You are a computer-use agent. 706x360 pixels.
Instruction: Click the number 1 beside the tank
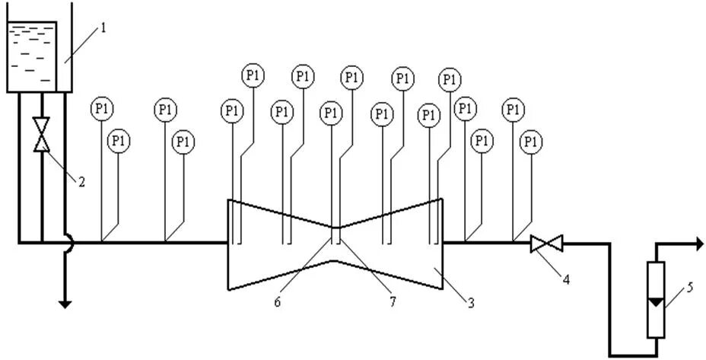[x=103, y=28]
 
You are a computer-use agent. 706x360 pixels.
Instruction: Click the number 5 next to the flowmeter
[x=689, y=287]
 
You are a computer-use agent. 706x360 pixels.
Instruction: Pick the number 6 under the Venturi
[x=278, y=301]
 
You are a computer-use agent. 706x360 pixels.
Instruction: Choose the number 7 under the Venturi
[x=392, y=301]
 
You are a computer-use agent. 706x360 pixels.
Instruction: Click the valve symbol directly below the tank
[x=42, y=135]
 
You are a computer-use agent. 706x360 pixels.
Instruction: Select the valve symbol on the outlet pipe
[x=546, y=244]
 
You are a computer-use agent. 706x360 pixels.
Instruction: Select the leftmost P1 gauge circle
[x=101, y=110]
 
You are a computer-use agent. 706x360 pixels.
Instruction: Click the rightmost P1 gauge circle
[x=532, y=142]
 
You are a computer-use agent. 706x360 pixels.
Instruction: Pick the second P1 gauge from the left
[x=118, y=142]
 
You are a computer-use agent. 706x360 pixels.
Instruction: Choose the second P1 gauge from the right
[x=514, y=110]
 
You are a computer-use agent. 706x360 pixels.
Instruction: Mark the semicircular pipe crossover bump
[x=68, y=244]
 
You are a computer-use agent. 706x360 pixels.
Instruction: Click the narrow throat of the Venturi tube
[x=335, y=244]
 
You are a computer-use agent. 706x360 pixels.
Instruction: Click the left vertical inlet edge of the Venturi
[x=228, y=244]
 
